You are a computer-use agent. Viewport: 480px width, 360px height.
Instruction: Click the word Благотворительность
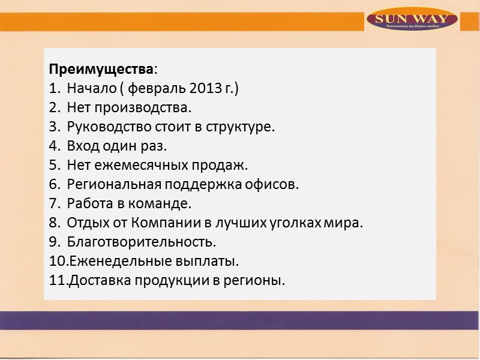[141, 242]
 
